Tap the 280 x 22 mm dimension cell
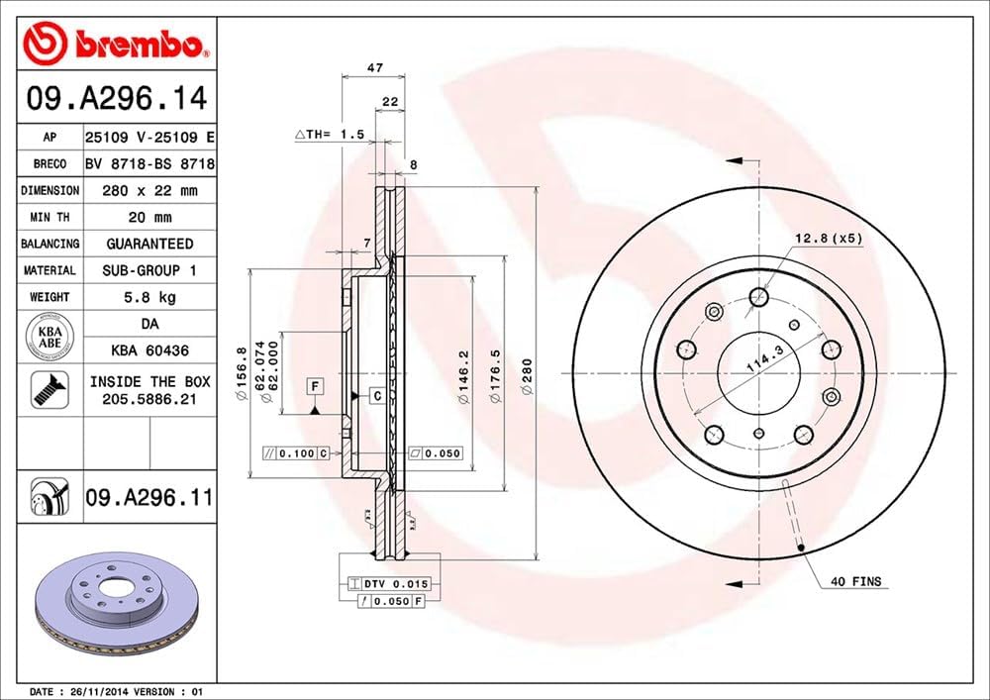click(150, 190)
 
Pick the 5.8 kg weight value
click(150, 296)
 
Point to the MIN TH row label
click(49, 217)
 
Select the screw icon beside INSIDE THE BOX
click(48, 389)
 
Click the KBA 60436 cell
click(150, 350)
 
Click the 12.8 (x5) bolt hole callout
click(828, 238)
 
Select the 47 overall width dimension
click(374, 68)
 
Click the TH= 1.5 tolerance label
click(331, 133)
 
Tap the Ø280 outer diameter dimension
click(528, 377)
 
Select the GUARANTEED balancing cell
click(150, 244)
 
